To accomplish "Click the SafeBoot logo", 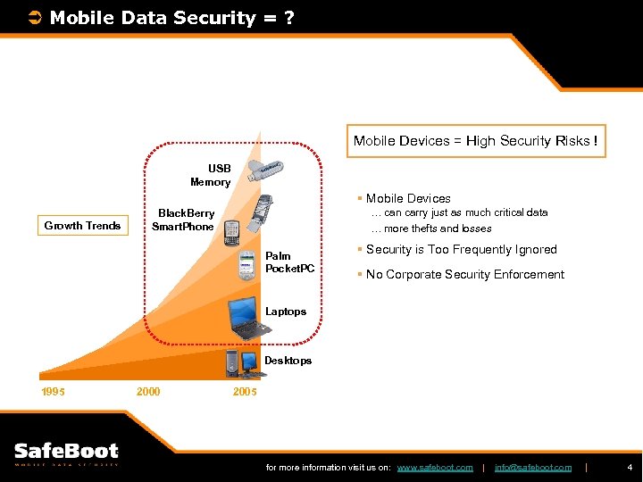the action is pos(66,453).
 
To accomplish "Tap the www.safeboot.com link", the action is pos(434,468).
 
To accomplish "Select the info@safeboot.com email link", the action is pos(532,468).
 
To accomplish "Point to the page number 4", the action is pos(630,467).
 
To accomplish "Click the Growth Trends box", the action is pos(82,225).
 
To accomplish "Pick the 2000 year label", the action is pos(148,391).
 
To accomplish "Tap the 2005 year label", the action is pos(244,391).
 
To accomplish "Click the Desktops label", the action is pos(288,361).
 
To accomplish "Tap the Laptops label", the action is pos(286,312).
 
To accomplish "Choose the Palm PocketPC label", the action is pos(289,262).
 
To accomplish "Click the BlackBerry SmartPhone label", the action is pos(185,220).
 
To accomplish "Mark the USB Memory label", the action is pos(211,175).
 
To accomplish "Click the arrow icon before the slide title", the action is pos(36,18).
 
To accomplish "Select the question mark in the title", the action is pos(288,18).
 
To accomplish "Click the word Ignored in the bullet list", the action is pos(533,250).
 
